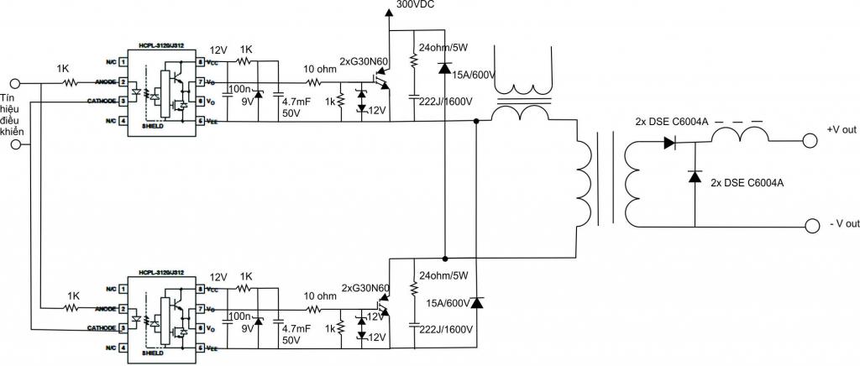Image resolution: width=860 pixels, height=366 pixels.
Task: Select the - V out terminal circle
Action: coord(811,226)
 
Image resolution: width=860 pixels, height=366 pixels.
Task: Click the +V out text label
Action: coord(841,129)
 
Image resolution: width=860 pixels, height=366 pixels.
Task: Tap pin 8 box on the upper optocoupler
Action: coord(202,62)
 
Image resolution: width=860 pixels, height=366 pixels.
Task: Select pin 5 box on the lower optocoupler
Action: coord(202,347)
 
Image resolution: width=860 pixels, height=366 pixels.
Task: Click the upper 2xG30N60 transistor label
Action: coord(363,61)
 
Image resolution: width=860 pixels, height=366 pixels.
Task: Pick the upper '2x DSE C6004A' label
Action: coord(672,123)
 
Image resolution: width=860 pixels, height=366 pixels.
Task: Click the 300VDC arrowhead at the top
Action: coord(389,12)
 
